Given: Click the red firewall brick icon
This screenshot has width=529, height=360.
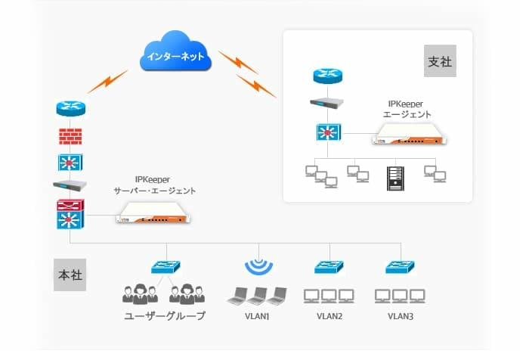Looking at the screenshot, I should (70, 137).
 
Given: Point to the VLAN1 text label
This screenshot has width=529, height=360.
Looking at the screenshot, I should (258, 316).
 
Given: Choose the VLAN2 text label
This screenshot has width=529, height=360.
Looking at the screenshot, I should (329, 316).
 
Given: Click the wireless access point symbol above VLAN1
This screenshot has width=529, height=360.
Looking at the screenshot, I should (258, 267).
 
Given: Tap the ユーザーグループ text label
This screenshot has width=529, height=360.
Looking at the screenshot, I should (164, 316).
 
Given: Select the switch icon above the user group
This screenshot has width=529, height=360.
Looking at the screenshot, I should (164, 267).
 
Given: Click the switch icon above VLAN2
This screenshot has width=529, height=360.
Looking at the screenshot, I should (329, 267).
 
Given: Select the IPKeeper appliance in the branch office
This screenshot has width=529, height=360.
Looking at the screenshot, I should (409, 134).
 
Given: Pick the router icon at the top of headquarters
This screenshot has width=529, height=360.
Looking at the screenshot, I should (70, 109).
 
